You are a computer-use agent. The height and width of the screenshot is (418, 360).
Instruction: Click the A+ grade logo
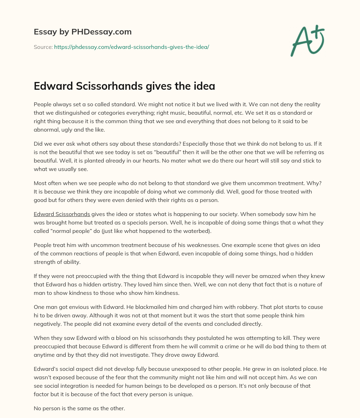[307, 40]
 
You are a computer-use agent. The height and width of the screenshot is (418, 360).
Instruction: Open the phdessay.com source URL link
[131, 47]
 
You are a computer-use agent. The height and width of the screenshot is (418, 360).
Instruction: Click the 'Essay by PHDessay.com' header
[83, 32]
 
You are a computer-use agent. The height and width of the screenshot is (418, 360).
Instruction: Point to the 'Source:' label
[43, 47]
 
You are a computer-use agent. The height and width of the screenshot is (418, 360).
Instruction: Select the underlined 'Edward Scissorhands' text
[62, 214]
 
